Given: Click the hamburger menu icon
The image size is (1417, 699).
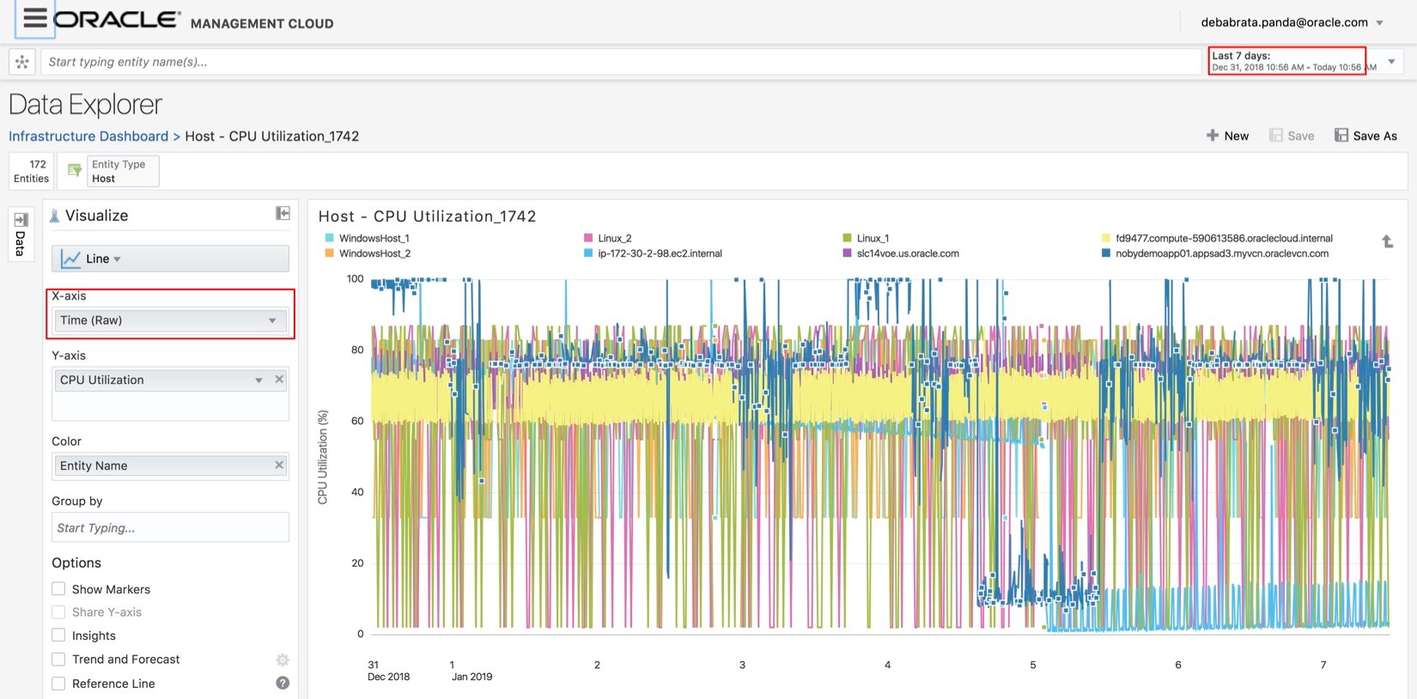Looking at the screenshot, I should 34,18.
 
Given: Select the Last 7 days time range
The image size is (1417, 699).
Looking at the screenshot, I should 1286,61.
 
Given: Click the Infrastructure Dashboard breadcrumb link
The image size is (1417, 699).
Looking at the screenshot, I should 88,136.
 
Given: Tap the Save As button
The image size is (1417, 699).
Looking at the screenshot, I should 1365,136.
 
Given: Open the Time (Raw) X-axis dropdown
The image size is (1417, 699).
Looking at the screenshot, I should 170,320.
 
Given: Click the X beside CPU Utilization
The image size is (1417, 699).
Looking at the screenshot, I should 279,380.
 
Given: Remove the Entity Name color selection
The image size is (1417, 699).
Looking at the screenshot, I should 279,465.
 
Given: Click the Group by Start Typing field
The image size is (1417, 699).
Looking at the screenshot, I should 170,527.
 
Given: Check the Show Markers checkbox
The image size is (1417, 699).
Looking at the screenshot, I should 58,589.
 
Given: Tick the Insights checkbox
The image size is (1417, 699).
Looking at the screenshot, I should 58,635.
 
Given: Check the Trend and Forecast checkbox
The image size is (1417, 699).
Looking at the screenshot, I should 58,659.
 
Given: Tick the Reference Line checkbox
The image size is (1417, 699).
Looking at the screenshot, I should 58,684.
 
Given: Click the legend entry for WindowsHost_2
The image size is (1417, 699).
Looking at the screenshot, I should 374,253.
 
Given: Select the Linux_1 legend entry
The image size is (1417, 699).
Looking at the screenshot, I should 873,238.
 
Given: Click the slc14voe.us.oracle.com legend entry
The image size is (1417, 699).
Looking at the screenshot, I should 907,253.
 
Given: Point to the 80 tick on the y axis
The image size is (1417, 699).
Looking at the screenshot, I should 356,349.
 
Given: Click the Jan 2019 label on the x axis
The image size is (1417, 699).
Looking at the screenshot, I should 471,677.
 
